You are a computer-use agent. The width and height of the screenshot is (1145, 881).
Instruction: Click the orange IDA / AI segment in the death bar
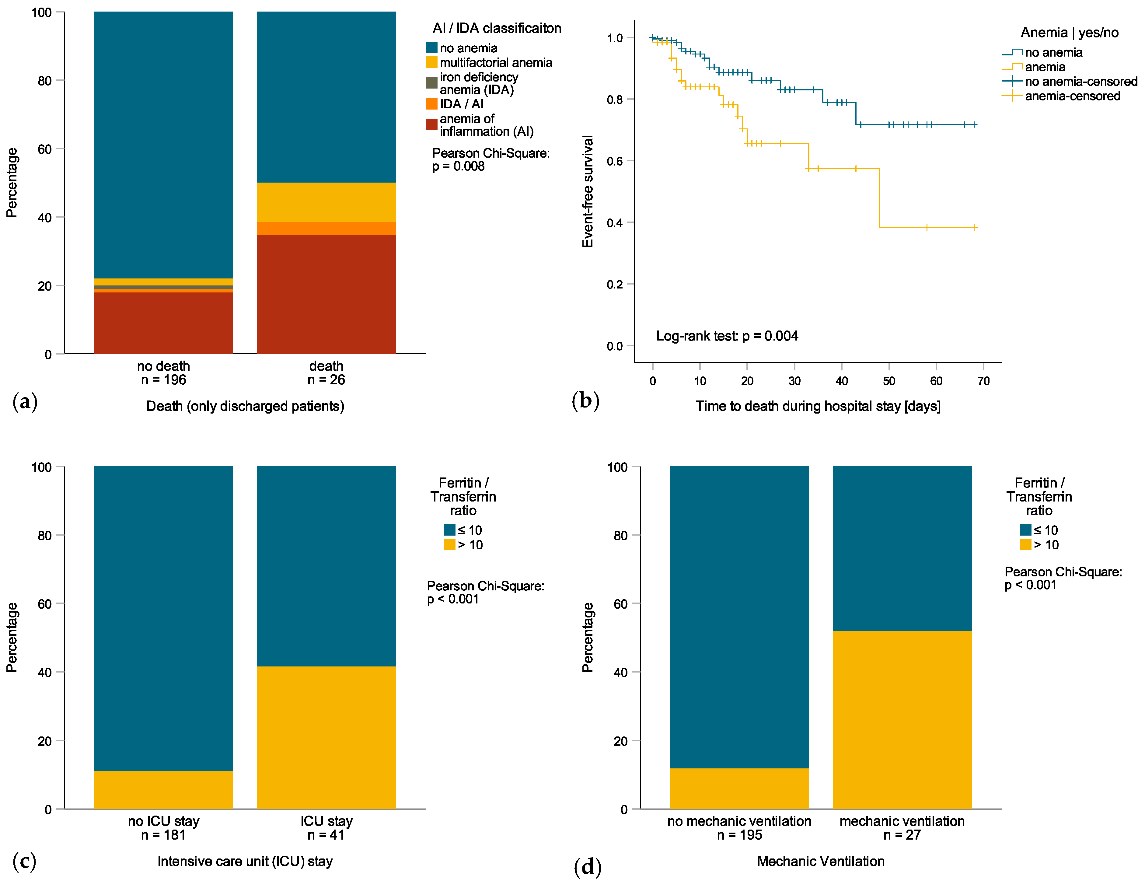[x=326, y=229]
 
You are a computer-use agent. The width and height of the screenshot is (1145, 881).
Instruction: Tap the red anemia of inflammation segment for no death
[x=164, y=323]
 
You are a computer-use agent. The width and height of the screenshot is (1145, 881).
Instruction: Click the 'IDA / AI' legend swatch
[x=431, y=104]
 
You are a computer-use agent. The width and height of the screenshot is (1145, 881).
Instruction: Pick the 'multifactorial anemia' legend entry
[x=495, y=62]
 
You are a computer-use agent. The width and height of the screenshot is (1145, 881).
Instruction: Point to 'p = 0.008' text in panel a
[x=458, y=166]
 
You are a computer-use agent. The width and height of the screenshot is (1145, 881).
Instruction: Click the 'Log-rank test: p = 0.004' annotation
[x=727, y=336]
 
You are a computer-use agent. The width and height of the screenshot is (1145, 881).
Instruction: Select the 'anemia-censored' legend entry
[x=1072, y=96]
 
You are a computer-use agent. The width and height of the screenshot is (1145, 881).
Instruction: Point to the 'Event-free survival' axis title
[x=588, y=191]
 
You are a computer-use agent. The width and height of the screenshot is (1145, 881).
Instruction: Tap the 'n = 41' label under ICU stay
[x=326, y=835]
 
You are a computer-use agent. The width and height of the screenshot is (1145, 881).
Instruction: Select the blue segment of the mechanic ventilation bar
[x=902, y=548]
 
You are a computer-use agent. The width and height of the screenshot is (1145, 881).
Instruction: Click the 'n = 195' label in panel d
[x=739, y=835]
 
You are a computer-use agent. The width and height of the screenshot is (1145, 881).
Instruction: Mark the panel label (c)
[x=24, y=861]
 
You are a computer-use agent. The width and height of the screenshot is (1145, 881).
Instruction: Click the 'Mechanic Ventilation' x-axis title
[x=820, y=861]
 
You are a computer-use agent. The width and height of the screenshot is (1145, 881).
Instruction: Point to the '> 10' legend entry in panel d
[x=1046, y=545]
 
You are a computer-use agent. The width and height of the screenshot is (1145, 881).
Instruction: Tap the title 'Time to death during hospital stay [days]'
[x=818, y=406]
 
